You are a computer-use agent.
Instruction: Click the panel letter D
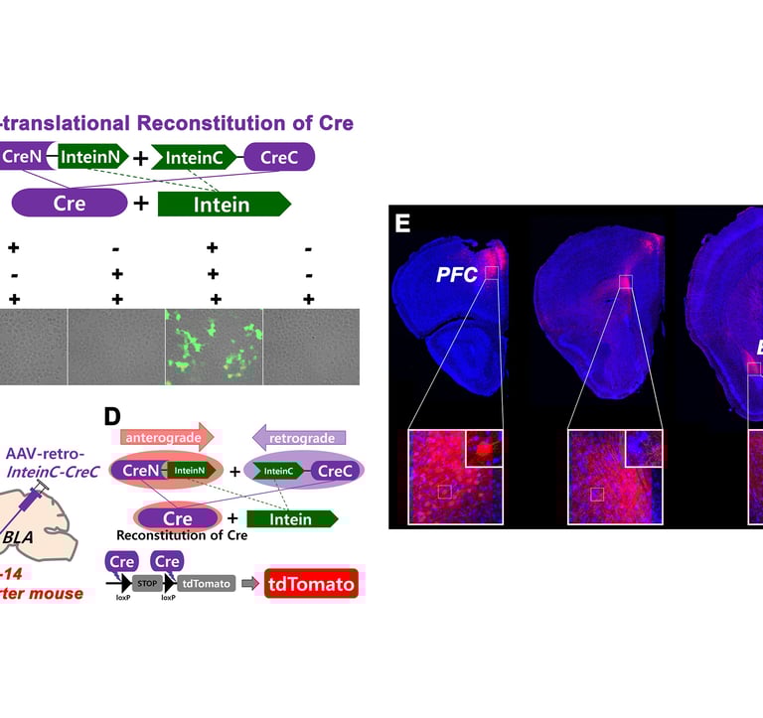pos(115,412)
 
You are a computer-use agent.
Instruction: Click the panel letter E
pos(402,222)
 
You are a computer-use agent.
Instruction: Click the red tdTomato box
pos(310,584)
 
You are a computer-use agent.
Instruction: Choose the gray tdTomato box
pos(207,584)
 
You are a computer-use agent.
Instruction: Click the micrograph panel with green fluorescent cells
pos(214,346)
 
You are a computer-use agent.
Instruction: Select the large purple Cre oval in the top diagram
pos(70,204)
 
